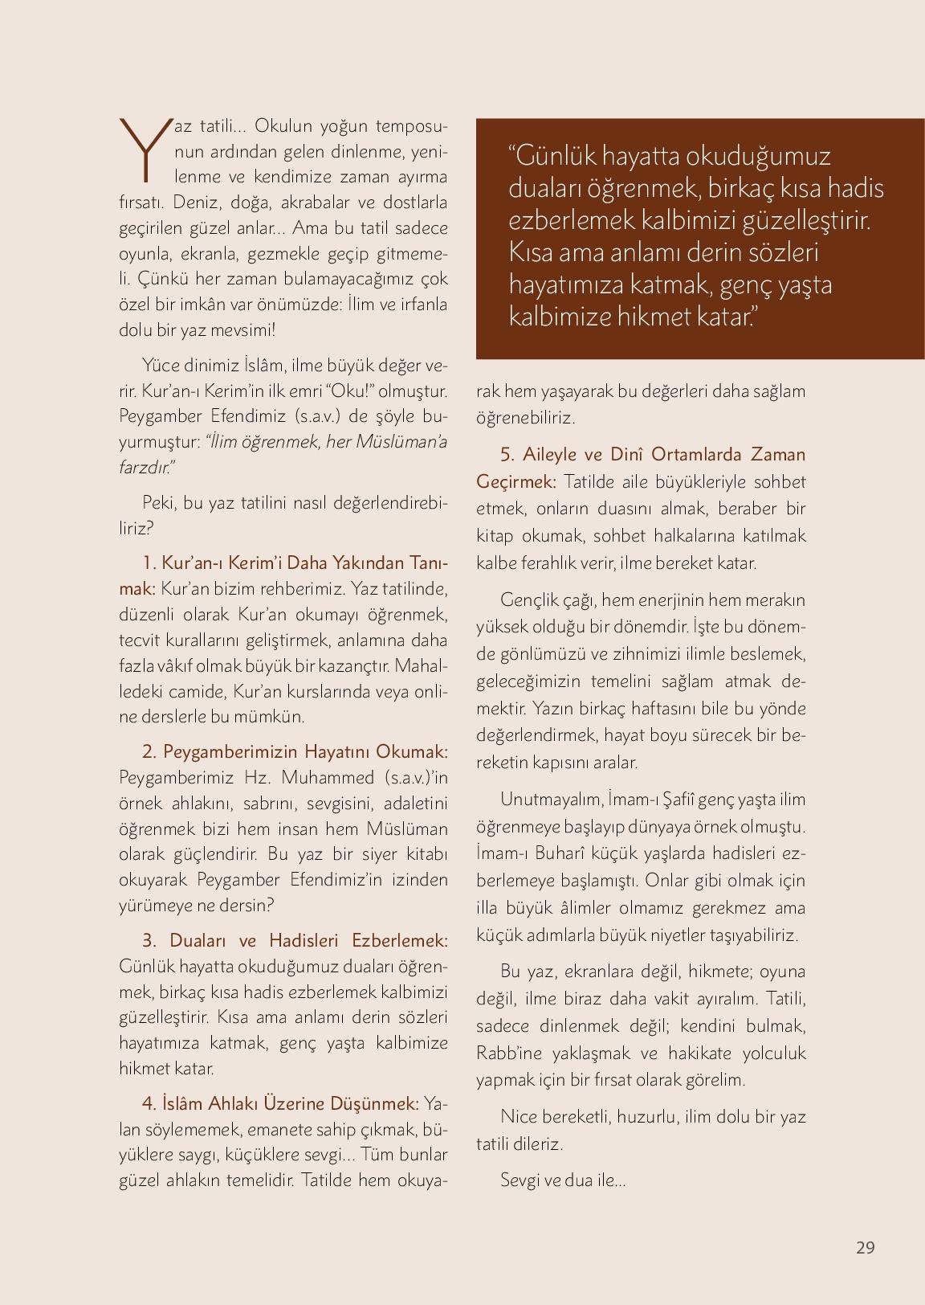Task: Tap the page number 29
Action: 865,1247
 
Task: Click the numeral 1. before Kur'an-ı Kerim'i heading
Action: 149,562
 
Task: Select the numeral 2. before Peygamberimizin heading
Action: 149,751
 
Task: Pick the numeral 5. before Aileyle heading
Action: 507,455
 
